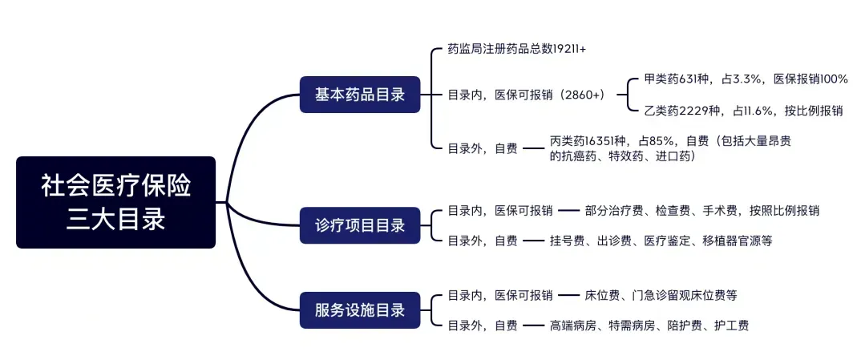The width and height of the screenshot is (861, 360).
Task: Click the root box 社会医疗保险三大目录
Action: (116, 202)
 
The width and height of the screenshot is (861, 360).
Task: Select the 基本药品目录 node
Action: (360, 95)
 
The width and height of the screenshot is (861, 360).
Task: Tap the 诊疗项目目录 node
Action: (360, 225)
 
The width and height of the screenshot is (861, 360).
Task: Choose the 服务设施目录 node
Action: (360, 310)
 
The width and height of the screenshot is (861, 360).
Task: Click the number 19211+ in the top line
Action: (570, 49)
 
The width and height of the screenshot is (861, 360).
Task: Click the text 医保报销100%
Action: (810, 79)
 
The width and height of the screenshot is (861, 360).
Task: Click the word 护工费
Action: (732, 326)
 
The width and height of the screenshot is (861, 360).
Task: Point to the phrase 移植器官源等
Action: (738, 241)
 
